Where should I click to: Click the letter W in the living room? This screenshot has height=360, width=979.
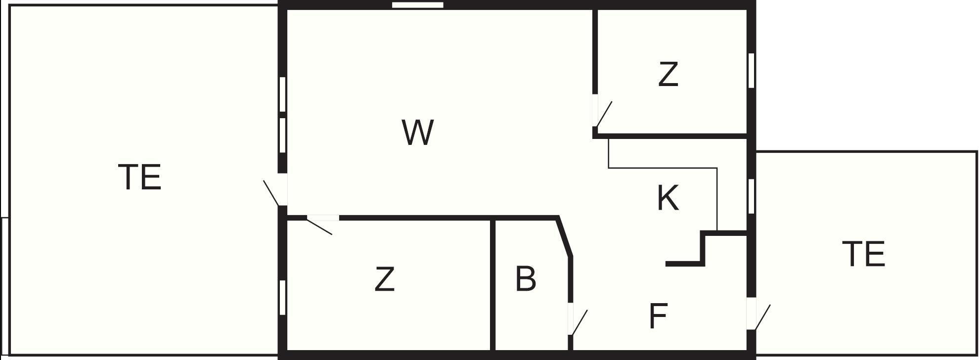pos(418,133)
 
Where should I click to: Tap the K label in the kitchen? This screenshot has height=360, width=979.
pos(667,198)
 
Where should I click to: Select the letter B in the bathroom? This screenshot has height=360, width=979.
pos(525,278)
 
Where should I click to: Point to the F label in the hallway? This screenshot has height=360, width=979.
pos(658,316)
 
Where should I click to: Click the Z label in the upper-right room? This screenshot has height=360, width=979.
pos(668,74)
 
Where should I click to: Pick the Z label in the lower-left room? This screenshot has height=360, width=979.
pos(385,279)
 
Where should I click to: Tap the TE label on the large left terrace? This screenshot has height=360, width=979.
pos(140,177)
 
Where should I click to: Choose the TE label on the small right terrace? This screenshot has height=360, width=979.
pos(863,254)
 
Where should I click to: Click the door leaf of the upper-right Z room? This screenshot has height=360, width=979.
pos(604,114)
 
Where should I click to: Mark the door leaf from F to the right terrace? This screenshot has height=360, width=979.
pos(762,317)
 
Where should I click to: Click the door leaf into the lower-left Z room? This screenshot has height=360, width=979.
pos(319,226)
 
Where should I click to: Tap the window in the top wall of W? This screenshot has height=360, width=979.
pos(418,5)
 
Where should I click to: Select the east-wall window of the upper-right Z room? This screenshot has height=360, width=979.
pos(751,70)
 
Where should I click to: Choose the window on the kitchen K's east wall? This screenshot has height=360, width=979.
pos(751,196)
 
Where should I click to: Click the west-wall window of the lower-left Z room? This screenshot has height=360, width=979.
pos(283,297)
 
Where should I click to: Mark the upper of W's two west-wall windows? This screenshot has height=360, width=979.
pos(283,94)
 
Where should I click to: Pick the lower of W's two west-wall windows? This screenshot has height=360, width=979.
pos(283,135)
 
